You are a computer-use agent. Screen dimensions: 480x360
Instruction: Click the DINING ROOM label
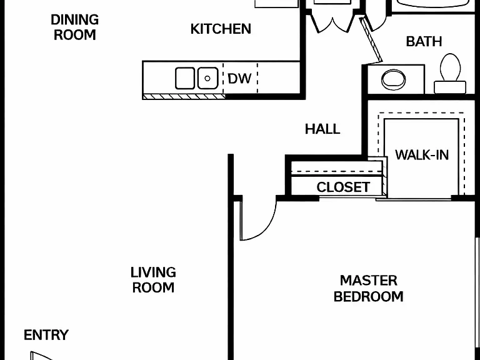pyautogui.click(x=75, y=27)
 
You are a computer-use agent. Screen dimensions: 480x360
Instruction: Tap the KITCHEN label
pyautogui.click(x=221, y=29)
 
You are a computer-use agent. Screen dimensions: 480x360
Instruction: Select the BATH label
pyautogui.click(x=424, y=42)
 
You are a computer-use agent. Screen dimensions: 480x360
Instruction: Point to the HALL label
pyautogui.click(x=322, y=129)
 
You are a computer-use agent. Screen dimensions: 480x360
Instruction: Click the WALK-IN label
pyautogui.click(x=422, y=155)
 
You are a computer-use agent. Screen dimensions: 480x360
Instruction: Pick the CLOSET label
pyautogui.click(x=343, y=187)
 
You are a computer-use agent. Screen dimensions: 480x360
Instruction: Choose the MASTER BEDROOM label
pyautogui.click(x=369, y=288)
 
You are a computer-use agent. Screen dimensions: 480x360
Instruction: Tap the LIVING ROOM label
pyautogui.click(x=153, y=280)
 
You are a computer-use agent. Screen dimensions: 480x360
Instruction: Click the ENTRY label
pyautogui.click(x=46, y=335)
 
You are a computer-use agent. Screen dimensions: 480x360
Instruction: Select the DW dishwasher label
pyautogui.click(x=240, y=79)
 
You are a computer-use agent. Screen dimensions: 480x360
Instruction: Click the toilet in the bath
pyautogui.click(x=450, y=74)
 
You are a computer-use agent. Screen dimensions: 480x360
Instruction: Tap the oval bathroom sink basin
pyautogui.click(x=393, y=79)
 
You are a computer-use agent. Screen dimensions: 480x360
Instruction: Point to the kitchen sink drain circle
pyautogui.click(x=207, y=78)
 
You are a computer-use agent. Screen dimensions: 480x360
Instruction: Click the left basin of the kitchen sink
pyautogui.click(x=185, y=78)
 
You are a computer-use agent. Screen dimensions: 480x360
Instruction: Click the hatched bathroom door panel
pyautogui.click(x=371, y=40)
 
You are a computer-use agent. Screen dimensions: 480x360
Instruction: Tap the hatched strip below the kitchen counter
pyautogui.click(x=184, y=97)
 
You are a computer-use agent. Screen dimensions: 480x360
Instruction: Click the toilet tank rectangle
pyautogui.click(x=450, y=87)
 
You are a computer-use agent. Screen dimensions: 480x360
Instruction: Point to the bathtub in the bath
pyautogui.click(x=433, y=4)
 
